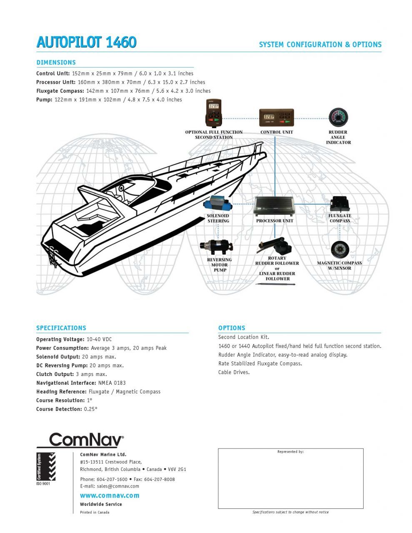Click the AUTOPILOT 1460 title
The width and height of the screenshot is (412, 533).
[x=86, y=42]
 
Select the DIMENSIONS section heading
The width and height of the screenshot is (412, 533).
[x=56, y=62]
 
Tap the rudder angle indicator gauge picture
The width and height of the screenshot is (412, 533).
[x=338, y=117]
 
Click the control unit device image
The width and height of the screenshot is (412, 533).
[x=276, y=118]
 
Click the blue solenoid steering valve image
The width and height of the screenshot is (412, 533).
[x=218, y=205]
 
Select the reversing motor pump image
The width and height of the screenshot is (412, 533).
[x=217, y=246]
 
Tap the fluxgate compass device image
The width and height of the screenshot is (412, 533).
[x=340, y=204]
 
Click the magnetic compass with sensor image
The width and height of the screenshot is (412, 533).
[x=340, y=250]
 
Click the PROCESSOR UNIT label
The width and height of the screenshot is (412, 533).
[x=275, y=221]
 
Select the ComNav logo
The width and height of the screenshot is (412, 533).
[x=86, y=440]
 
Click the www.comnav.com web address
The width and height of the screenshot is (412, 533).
[x=110, y=496]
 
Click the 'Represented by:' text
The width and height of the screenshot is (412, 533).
[x=290, y=452]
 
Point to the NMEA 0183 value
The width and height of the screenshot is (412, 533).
[x=112, y=383]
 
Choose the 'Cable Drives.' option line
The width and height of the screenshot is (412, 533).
[x=234, y=372]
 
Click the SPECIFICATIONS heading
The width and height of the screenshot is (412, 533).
[x=61, y=328]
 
